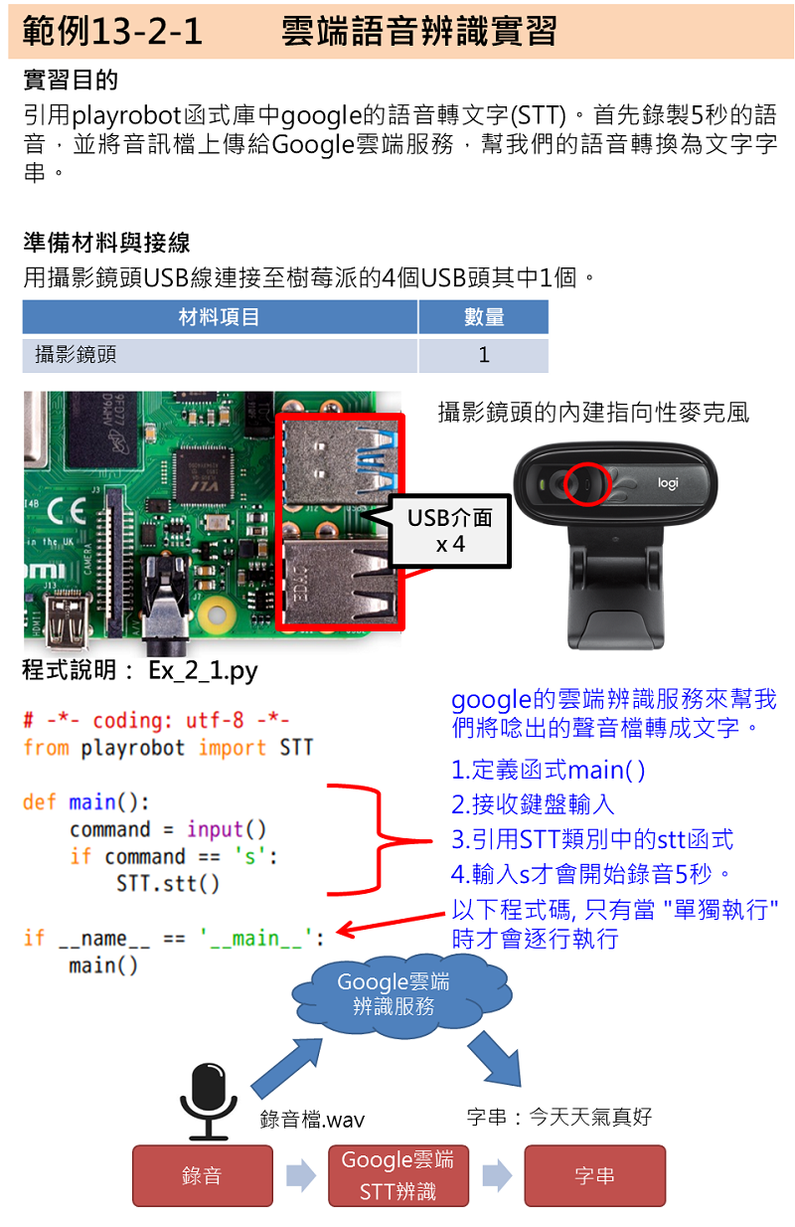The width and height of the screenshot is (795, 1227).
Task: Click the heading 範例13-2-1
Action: point(111,32)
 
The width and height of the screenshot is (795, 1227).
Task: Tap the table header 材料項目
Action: point(220,317)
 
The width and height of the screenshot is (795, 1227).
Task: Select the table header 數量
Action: point(483,317)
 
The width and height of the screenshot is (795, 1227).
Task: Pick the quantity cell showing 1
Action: point(483,355)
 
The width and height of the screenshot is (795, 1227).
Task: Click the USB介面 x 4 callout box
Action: point(450,530)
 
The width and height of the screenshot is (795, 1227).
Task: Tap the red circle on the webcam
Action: point(584,483)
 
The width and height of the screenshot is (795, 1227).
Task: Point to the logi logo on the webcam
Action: point(668,483)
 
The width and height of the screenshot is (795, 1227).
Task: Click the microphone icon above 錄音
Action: point(209,1099)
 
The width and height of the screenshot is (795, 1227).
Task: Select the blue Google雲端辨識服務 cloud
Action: point(395,994)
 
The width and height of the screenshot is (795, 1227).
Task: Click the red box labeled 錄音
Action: point(202,1176)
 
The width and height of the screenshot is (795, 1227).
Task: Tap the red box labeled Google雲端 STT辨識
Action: point(397,1176)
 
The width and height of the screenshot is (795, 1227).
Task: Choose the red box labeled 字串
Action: point(594,1176)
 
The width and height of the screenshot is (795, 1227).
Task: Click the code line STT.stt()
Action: point(167,883)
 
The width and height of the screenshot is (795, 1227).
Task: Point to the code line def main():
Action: point(86,802)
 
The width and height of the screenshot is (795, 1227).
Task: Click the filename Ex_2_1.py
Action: point(203,671)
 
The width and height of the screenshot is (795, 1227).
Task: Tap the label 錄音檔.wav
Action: point(312,1120)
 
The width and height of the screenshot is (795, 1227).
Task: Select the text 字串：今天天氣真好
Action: point(558,1117)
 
